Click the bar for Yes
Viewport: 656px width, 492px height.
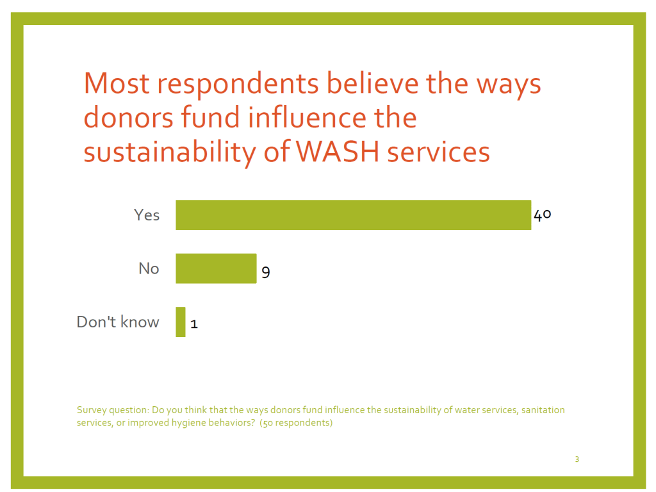pyautogui.click(x=354, y=215)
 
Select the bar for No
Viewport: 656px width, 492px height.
pyautogui.click(x=216, y=268)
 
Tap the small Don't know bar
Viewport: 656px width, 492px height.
pyautogui.click(x=180, y=322)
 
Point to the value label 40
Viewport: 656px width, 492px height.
pyautogui.click(x=542, y=215)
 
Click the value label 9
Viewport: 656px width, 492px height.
pyautogui.click(x=266, y=272)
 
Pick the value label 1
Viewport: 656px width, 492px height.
pyautogui.click(x=193, y=324)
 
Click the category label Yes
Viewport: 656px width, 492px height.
pyautogui.click(x=147, y=215)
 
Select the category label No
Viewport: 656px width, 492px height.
pyautogui.click(x=149, y=268)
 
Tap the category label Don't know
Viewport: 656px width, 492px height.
pyautogui.click(x=118, y=322)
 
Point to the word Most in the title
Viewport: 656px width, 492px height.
pyautogui.click(x=117, y=83)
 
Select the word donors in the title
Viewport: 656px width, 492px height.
pyautogui.click(x=128, y=117)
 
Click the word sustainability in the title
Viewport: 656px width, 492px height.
pyautogui.click(x=170, y=152)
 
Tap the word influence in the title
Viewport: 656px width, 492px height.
pyautogui.click(x=307, y=117)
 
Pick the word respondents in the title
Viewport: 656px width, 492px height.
pyautogui.click(x=238, y=84)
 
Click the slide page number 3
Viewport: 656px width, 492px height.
pyautogui.click(x=577, y=459)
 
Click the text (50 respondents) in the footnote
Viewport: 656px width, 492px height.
pyautogui.click(x=296, y=423)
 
